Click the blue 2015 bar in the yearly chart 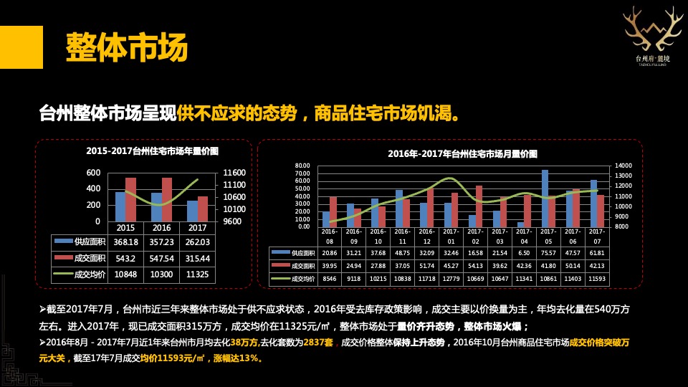click(x=120, y=206)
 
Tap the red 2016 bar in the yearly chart click(x=167, y=199)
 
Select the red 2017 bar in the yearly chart click(x=203, y=209)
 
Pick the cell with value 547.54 click(x=166, y=258)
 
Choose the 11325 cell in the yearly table click(x=203, y=274)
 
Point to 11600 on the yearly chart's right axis click(x=234, y=173)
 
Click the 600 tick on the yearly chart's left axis click(x=93, y=173)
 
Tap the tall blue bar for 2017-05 click(x=545, y=198)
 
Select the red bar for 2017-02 click(x=479, y=206)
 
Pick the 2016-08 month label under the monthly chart click(x=330, y=236)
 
